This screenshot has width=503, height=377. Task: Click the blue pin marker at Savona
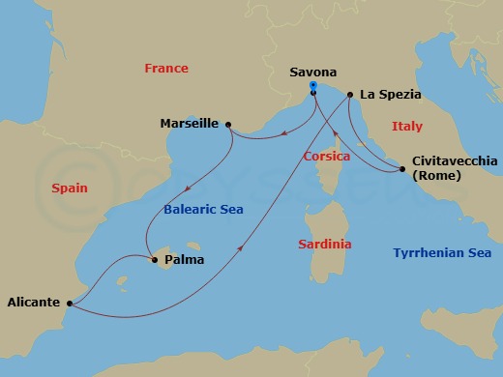tap(312, 87)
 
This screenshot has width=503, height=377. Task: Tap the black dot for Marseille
tap(227, 124)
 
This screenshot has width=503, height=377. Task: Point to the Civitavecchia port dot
tap(401, 170)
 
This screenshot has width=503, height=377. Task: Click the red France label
tap(165, 69)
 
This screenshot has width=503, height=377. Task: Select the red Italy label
tap(407, 127)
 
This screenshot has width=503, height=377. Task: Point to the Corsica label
tap(326, 156)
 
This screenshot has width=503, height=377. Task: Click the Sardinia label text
tap(324, 245)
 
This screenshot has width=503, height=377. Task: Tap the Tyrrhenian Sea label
tap(442, 252)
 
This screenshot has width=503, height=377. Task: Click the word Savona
tap(313, 72)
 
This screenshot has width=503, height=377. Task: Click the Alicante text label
tap(34, 302)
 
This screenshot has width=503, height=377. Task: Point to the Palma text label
tap(184, 259)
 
